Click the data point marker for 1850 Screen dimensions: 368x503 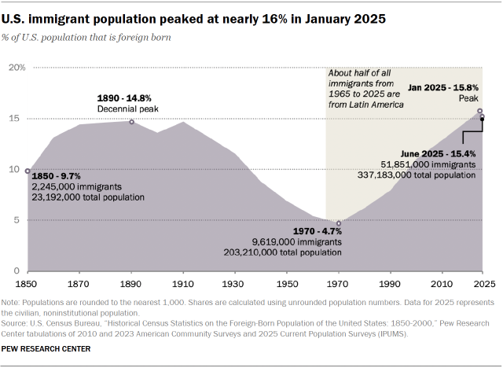28,171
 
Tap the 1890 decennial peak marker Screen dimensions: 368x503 131,122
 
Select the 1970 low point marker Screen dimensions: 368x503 339,223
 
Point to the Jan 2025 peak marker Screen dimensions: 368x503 480,111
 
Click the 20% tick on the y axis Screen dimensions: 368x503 17,68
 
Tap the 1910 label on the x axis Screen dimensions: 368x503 182,282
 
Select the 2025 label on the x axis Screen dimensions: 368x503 483,282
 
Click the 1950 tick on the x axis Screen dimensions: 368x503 286,282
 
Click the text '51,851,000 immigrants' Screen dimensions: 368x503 428,164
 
